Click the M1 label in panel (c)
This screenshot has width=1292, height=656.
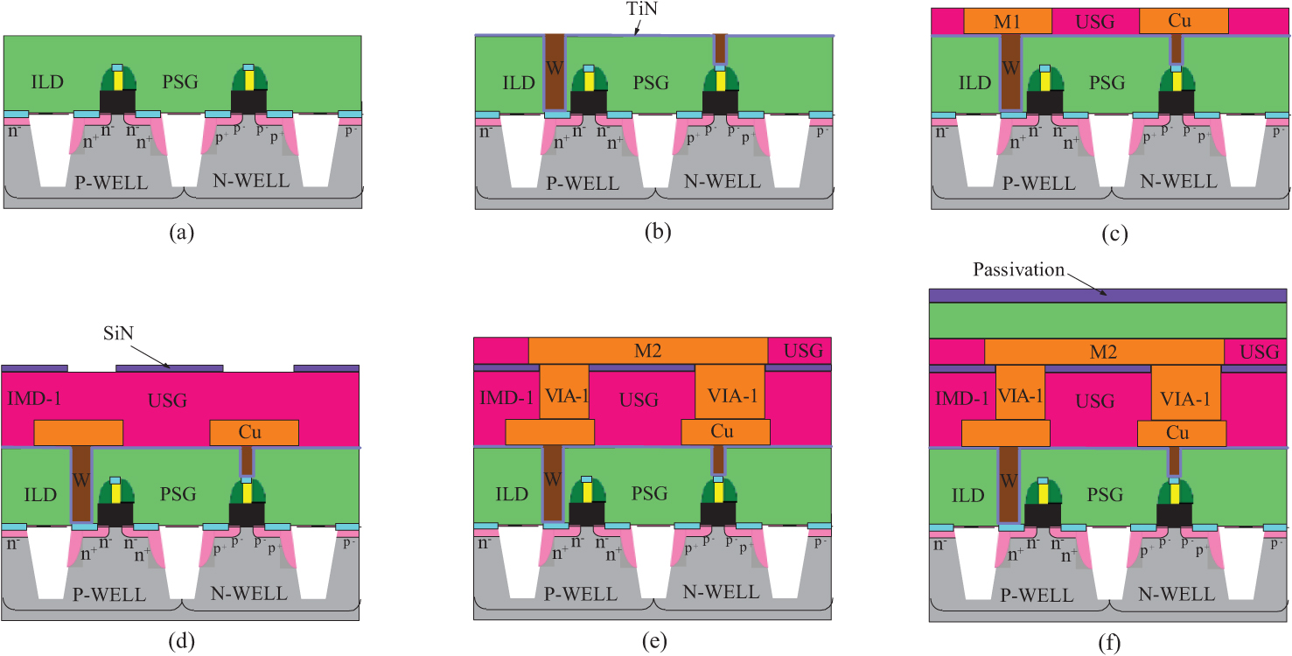click(x=1007, y=21)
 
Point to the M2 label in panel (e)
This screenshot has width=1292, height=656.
click(x=648, y=351)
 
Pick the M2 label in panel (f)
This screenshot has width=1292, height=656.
click(x=1104, y=352)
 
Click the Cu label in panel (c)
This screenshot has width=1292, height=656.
click(x=1183, y=21)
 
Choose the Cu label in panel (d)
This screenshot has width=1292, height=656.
click(x=254, y=433)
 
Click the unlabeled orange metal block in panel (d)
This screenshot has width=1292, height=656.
click(x=79, y=433)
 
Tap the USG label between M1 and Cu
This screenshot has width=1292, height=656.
click(x=1095, y=21)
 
